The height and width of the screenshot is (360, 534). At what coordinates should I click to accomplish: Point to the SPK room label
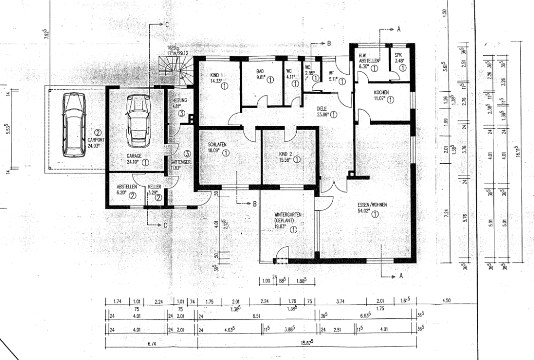(x=399, y=55)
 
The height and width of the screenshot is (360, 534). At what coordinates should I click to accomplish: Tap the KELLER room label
(x=154, y=186)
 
